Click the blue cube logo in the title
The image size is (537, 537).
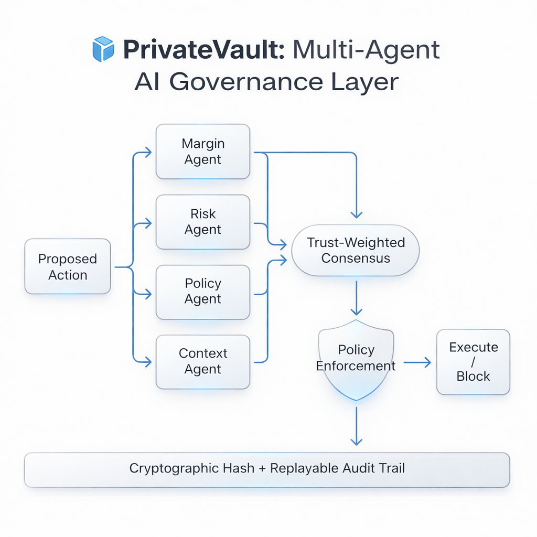pyautogui.click(x=103, y=49)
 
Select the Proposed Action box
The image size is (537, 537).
pyautogui.click(x=68, y=266)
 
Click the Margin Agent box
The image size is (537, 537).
pyautogui.click(x=203, y=152)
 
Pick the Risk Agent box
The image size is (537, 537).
pyautogui.click(x=203, y=222)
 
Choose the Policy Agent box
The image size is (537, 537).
pyautogui.click(x=203, y=292)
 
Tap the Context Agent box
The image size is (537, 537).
pyautogui.click(x=203, y=361)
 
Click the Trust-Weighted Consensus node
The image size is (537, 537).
pyautogui.click(x=356, y=250)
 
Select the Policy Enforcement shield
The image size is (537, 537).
pyautogui.click(x=356, y=359)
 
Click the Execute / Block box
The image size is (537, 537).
pyautogui.click(x=473, y=362)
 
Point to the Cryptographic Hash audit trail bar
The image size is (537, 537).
pyautogui.click(x=267, y=468)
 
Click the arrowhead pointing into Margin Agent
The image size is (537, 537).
pyautogui.click(x=148, y=152)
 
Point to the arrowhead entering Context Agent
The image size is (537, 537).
pyautogui.click(x=148, y=361)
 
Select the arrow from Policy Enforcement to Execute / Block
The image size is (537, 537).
pyautogui.click(x=417, y=362)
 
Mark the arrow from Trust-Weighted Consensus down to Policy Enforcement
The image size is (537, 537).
pyautogui.click(x=356, y=297)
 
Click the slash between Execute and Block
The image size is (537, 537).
pyautogui.click(x=473, y=362)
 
